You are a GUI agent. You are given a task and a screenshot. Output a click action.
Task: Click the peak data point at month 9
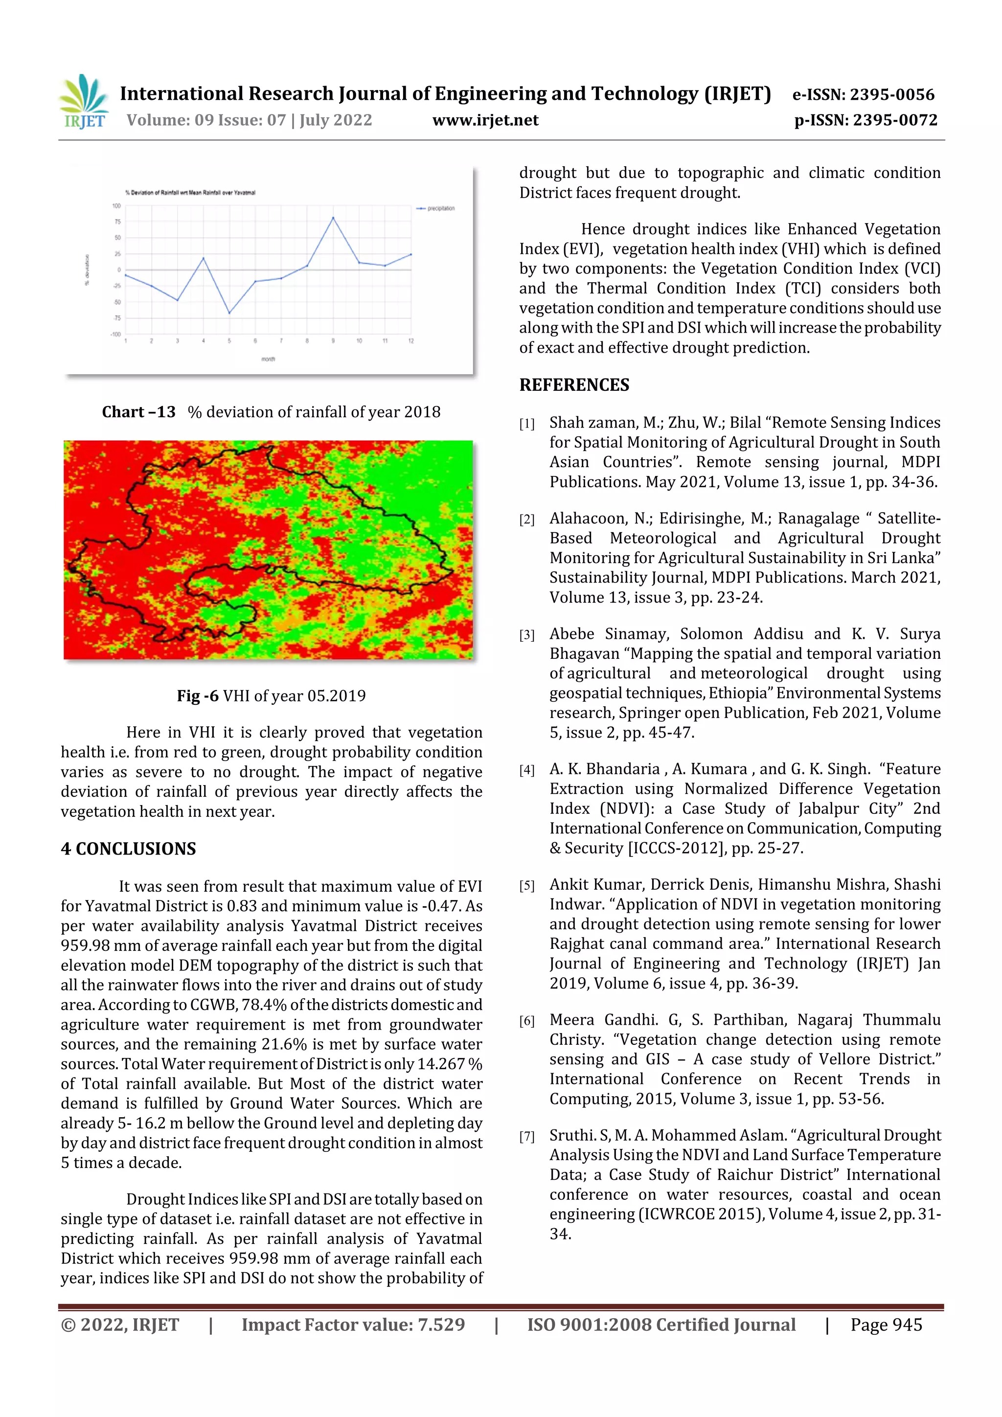333,218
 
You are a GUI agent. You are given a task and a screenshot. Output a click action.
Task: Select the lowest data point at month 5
229,314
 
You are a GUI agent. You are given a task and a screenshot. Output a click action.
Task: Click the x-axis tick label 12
410,340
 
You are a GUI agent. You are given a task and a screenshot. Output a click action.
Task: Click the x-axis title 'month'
268,359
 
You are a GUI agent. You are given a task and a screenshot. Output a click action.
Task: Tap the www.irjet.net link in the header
485,120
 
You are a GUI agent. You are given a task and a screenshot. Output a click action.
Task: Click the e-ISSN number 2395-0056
891,94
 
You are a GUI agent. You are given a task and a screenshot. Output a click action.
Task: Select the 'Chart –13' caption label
139,412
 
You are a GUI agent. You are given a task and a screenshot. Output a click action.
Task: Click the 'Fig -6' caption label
198,696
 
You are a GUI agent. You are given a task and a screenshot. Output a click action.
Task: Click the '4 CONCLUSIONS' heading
128,849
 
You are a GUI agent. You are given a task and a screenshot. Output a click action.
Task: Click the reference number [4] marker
526,770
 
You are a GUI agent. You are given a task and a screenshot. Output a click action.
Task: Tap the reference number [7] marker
526,1137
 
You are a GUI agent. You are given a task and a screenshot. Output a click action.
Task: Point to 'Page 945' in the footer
886,1325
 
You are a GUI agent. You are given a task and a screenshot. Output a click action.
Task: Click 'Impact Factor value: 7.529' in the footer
353,1325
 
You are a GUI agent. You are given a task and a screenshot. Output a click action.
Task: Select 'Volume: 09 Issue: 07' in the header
206,120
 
